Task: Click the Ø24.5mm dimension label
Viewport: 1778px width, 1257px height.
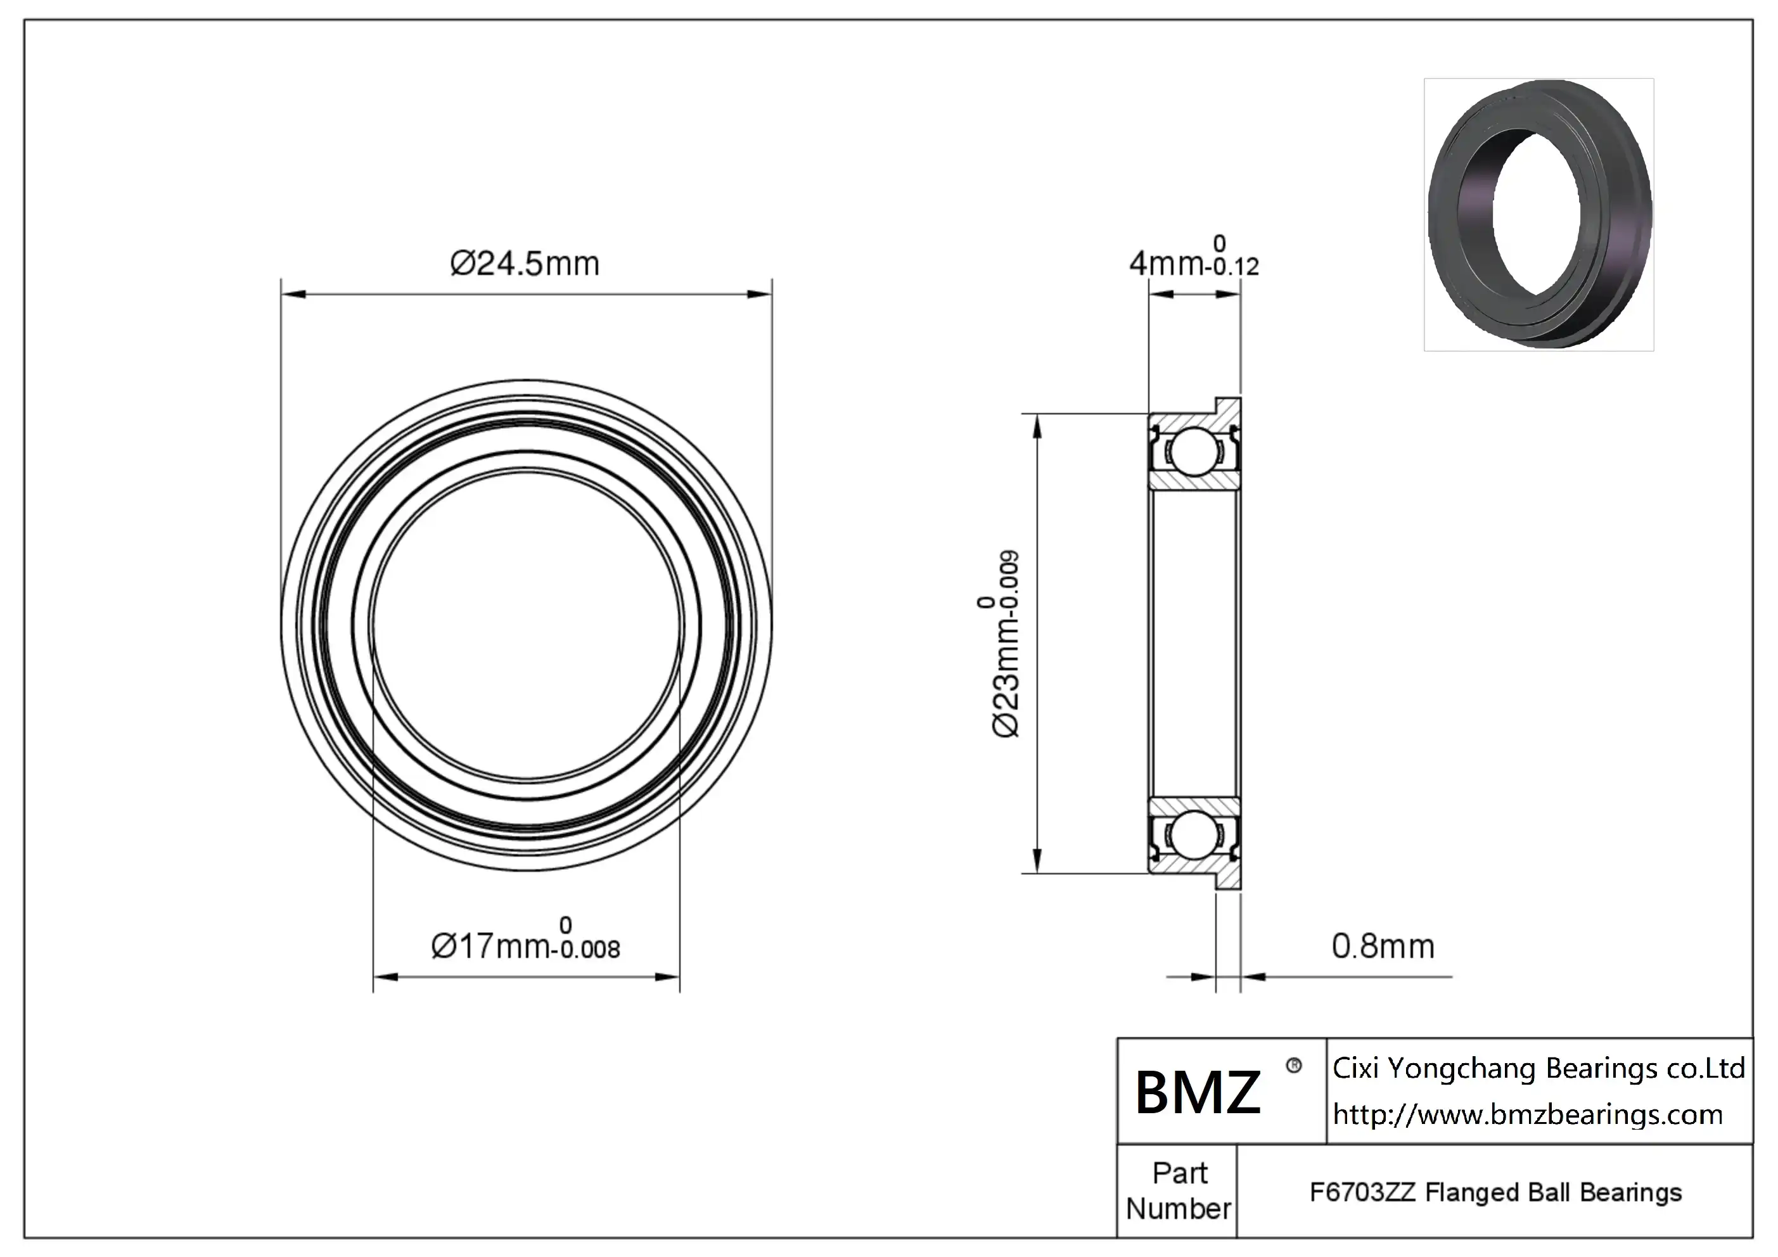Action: point(525,264)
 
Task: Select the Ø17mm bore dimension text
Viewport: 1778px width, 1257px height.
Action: point(490,947)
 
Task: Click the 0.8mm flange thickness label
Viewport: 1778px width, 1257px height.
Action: point(1383,947)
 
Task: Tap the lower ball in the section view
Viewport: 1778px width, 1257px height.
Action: point(1193,835)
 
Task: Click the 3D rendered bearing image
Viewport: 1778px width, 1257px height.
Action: point(1538,215)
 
